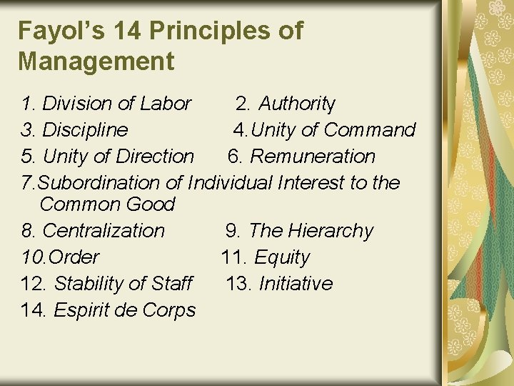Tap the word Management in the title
pos(96,61)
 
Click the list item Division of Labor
pos(116,104)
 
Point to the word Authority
pos(296,104)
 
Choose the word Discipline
pos(85,130)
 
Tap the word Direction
pos(154,157)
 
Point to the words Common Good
pos(107,204)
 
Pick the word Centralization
pos(104,231)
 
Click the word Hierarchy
pos(331,231)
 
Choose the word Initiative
pos(296,284)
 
